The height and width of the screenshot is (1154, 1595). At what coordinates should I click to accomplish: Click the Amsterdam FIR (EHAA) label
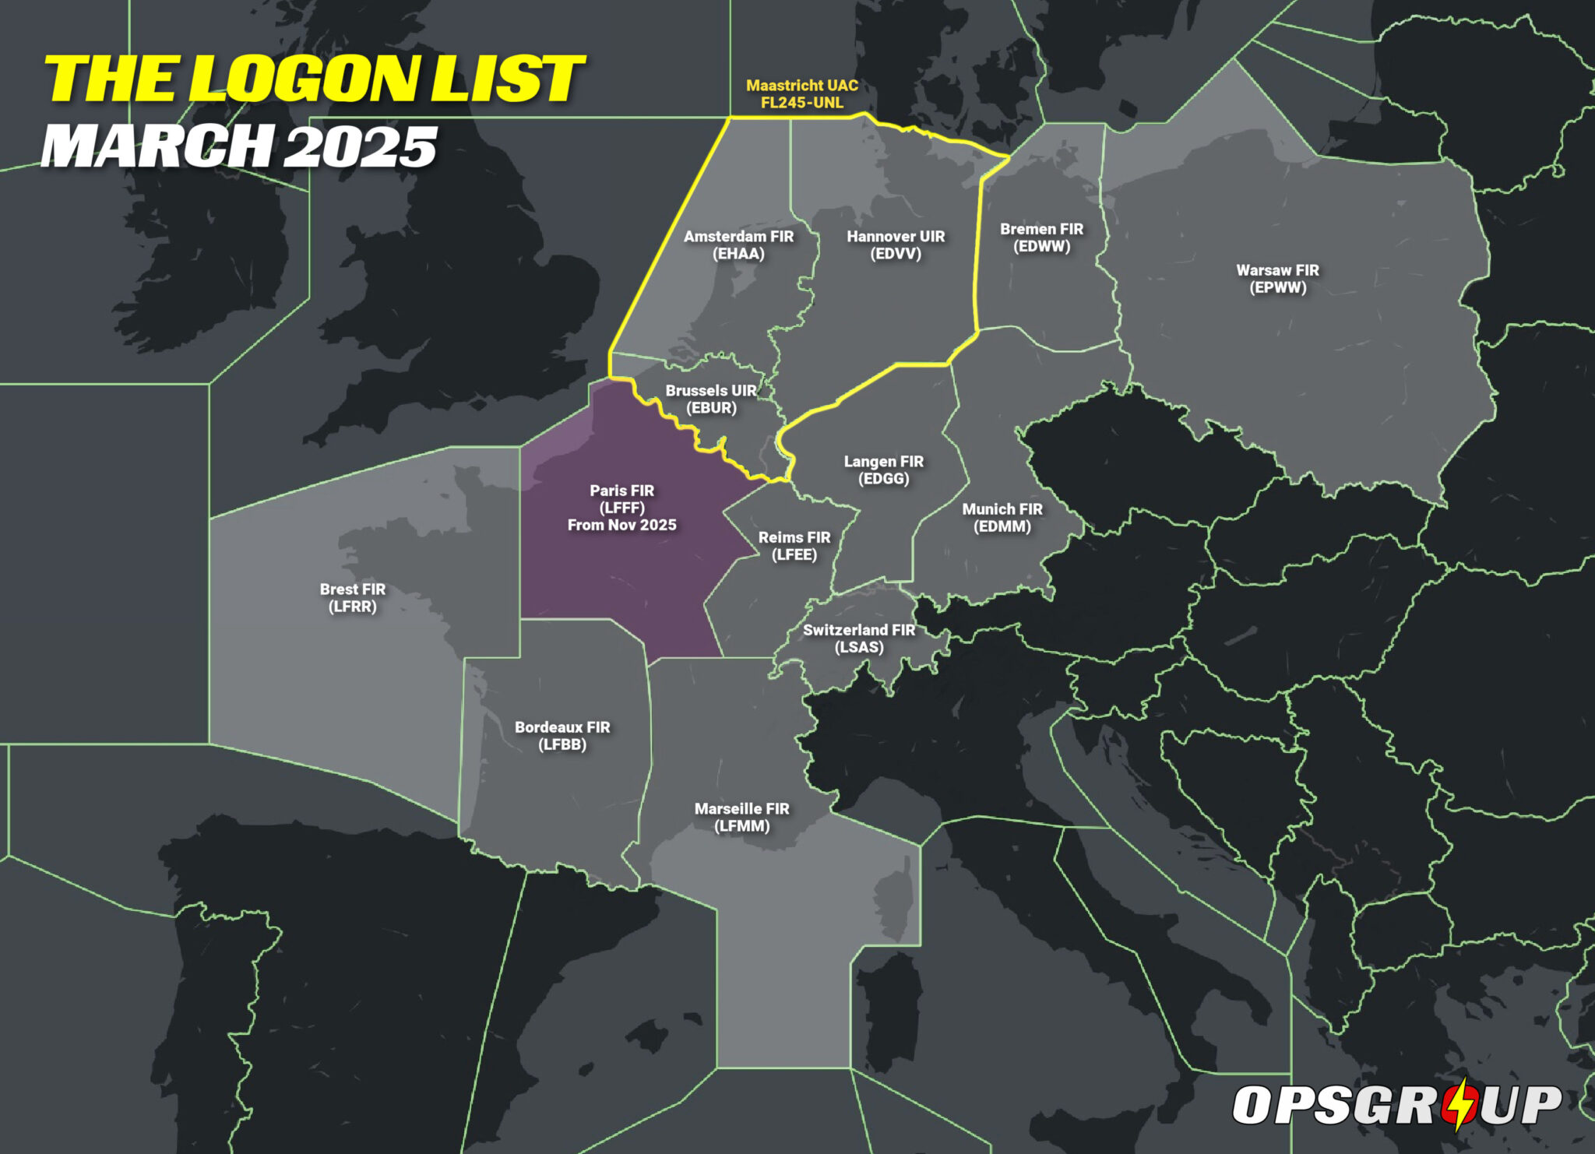[x=738, y=245]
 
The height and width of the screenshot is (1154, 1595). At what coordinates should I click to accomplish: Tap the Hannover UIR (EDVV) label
[x=896, y=245]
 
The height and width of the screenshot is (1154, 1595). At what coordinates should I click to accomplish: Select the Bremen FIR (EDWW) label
[x=1041, y=237]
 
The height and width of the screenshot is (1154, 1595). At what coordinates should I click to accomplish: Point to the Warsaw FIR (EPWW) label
[x=1277, y=279]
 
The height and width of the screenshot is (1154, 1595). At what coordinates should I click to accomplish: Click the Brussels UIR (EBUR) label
[x=710, y=399]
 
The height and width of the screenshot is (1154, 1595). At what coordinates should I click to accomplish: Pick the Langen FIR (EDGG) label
[x=883, y=470]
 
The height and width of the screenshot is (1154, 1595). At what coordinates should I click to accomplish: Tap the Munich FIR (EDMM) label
[x=1002, y=517]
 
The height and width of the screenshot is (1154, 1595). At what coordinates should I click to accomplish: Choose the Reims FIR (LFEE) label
[x=794, y=546]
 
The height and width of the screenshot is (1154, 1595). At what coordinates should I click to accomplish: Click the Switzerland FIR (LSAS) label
[x=859, y=639]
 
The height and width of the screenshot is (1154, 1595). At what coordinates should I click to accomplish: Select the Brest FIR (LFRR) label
[x=352, y=597]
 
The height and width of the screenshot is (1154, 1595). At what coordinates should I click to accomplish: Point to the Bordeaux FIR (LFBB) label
[x=562, y=735]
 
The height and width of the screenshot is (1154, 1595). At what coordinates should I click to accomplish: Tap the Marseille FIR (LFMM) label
[x=741, y=817]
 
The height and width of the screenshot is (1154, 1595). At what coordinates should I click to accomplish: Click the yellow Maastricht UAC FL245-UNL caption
[x=801, y=93]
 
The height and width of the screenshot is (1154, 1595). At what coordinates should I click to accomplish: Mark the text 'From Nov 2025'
[x=621, y=526]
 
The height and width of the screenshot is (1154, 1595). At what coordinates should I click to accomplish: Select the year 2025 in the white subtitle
[x=360, y=146]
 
